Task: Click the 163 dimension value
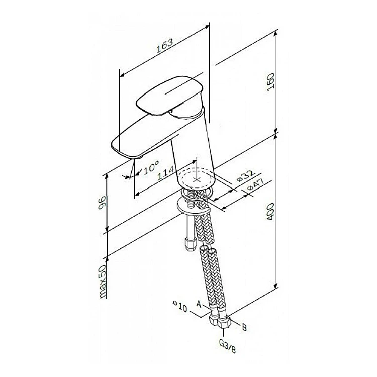[x=164, y=46]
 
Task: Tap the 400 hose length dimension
[x=270, y=212]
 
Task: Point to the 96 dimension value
[x=102, y=203]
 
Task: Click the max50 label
[x=102, y=281]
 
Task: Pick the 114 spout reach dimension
[x=166, y=173]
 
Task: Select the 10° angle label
[x=151, y=167]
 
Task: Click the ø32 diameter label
[x=245, y=176]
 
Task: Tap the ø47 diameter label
[x=255, y=185]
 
